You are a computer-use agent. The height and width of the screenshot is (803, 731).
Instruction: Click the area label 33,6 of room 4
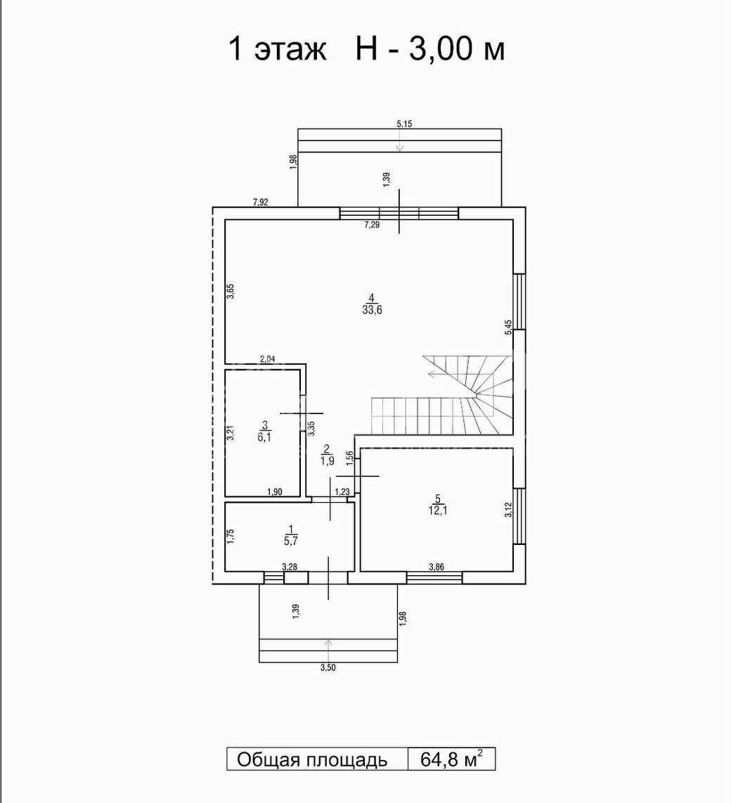[x=372, y=310]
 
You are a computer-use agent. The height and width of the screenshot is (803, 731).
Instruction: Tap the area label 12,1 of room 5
[x=437, y=510]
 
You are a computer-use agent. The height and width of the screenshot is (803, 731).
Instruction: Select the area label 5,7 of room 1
[x=291, y=539]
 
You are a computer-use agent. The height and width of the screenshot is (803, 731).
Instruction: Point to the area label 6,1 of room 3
[x=264, y=437]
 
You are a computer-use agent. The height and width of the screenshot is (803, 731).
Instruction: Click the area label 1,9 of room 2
[x=328, y=461]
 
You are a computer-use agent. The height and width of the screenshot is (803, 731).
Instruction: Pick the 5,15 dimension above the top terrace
[x=404, y=124]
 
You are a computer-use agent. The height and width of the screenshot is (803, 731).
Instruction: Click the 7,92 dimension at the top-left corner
[x=261, y=203]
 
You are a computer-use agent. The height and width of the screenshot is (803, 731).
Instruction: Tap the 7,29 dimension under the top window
[x=372, y=224]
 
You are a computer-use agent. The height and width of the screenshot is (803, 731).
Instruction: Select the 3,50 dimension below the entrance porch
[x=328, y=667]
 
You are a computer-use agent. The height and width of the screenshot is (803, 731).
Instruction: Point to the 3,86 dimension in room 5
[x=437, y=567]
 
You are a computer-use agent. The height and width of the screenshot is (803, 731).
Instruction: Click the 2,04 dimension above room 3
[x=268, y=359]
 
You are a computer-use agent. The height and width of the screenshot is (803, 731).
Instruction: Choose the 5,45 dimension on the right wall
[x=507, y=327]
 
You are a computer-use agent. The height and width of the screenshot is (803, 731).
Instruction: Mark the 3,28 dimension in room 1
[x=290, y=567]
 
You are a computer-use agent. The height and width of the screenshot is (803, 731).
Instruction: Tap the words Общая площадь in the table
[x=312, y=760]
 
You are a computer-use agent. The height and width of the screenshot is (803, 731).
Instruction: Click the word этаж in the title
[x=290, y=50]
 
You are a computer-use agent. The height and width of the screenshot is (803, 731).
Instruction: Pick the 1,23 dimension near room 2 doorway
[x=342, y=492]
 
